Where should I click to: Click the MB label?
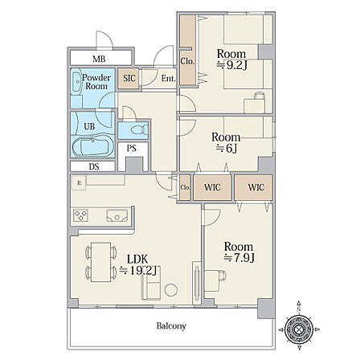click(x=99, y=59)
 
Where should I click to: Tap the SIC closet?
click(x=129, y=78)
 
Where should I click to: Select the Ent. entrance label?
click(x=168, y=79)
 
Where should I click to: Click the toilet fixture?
click(x=139, y=130)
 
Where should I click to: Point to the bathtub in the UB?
click(x=90, y=146)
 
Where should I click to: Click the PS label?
click(x=131, y=148)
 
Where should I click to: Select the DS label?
click(x=94, y=166)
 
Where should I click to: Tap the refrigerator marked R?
click(x=79, y=182)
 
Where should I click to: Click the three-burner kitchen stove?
click(x=80, y=215)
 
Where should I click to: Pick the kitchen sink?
click(x=117, y=216)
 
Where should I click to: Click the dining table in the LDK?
click(x=100, y=262)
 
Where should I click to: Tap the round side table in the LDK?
click(x=170, y=290)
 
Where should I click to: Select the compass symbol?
click(x=298, y=329)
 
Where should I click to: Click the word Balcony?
click(x=171, y=326)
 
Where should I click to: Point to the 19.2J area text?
click(x=138, y=271)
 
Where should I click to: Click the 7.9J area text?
click(x=239, y=258)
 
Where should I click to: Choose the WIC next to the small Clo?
click(x=212, y=187)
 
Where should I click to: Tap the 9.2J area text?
click(x=232, y=65)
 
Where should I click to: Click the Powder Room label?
click(x=96, y=82)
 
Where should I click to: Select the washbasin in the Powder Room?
click(x=77, y=81)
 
